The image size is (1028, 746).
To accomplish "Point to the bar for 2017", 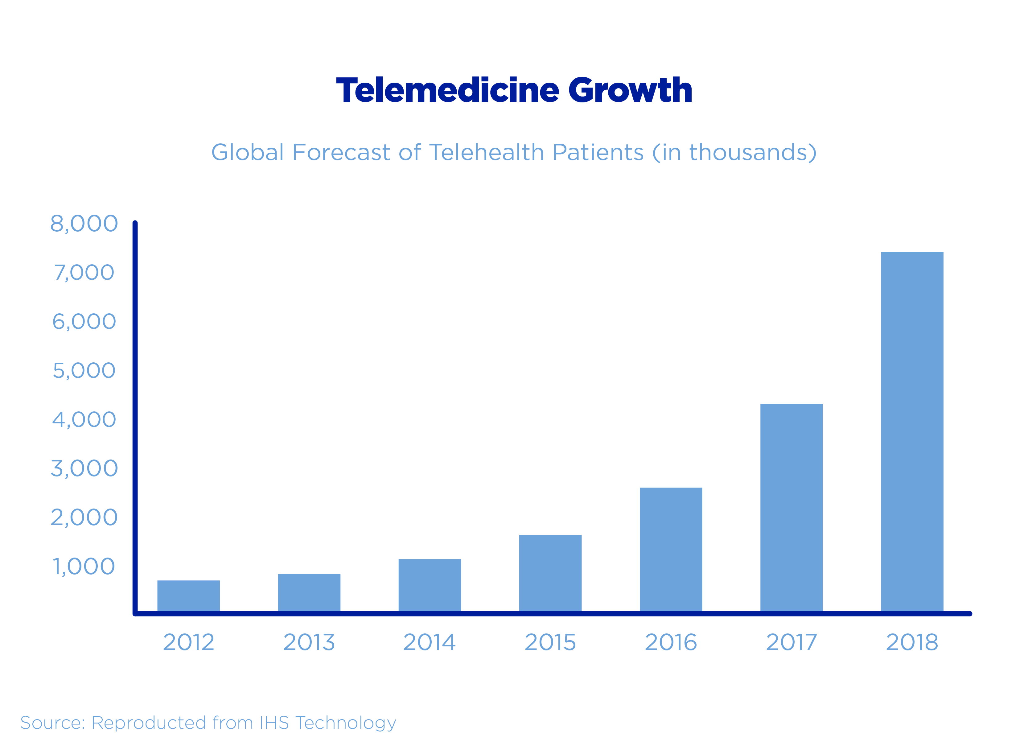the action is pyautogui.click(x=792, y=508).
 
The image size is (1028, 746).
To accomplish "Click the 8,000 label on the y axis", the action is pyautogui.click(x=84, y=224).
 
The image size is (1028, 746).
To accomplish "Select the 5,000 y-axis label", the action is pyautogui.click(x=84, y=370).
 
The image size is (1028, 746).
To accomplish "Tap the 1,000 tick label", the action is pyautogui.click(x=84, y=566).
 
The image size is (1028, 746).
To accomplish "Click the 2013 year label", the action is pyautogui.click(x=309, y=642).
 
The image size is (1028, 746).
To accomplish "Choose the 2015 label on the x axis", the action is pyautogui.click(x=550, y=642).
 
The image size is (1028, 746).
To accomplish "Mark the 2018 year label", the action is pyautogui.click(x=912, y=642).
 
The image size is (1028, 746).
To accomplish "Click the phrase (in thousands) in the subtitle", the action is pyautogui.click(x=734, y=152).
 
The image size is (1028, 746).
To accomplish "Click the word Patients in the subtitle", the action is pyautogui.click(x=598, y=152).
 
